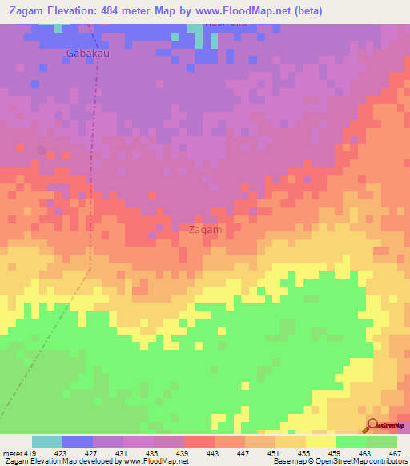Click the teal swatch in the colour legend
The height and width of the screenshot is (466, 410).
coord(47,441)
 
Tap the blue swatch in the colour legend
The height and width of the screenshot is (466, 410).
coord(78,441)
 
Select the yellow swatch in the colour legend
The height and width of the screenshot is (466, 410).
coord(320,441)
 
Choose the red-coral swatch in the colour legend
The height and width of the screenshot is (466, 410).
coord(199,441)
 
